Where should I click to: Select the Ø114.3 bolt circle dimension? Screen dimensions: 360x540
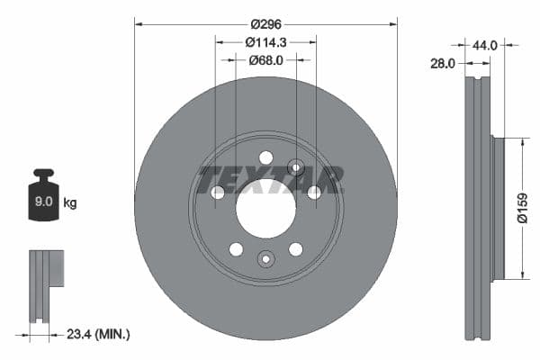click(265, 41)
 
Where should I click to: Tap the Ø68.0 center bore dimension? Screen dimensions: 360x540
click(265, 60)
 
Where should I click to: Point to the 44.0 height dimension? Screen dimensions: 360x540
click(485, 43)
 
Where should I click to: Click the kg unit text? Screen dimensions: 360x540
click(70, 203)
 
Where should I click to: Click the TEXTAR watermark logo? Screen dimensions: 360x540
click(270, 179)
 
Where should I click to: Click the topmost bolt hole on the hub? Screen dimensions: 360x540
click(265, 157)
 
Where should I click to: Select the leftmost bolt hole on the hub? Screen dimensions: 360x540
click(217, 193)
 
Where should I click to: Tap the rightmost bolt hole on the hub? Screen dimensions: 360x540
click(314, 193)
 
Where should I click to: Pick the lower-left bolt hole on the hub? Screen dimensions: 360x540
click(236, 249)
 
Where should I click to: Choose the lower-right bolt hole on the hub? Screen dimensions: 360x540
click(295, 249)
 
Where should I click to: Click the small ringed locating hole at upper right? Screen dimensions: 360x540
click(295, 166)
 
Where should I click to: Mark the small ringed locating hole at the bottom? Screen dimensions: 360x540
click(265, 259)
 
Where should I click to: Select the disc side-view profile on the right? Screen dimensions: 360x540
click(479, 208)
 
